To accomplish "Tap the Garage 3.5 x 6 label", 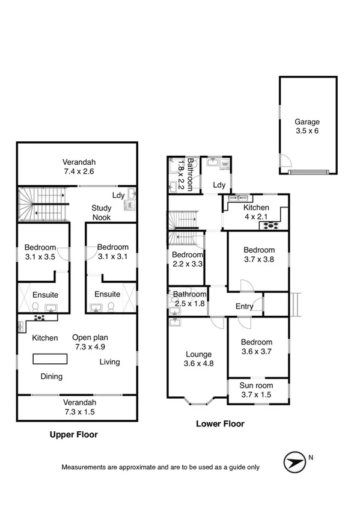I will [x=307, y=126].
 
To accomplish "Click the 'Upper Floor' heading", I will [x=73, y=434].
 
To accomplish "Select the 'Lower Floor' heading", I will [x=221, y=423].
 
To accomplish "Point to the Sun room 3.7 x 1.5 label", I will [x=257, y=390].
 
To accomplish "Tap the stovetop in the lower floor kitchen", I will [x=268, y=226].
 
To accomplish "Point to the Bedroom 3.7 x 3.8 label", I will [x=259, y=254].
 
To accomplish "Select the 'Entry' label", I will [x=244, y=306].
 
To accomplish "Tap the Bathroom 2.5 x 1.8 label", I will [x=189, y=298].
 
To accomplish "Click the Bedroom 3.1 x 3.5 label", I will [x=40, y=251].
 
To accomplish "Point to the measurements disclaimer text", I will [x=160, y=467].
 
